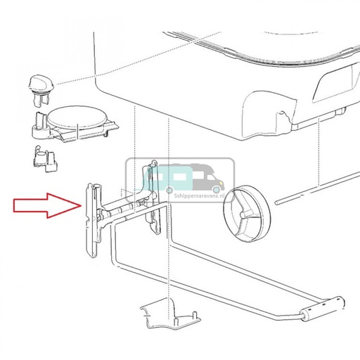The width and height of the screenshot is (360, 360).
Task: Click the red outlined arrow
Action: (47, 206)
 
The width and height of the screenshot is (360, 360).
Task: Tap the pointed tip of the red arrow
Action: (81, 205)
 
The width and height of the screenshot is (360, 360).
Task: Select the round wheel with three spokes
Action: (247, 213)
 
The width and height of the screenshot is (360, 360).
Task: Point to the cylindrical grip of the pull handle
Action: (323, 309)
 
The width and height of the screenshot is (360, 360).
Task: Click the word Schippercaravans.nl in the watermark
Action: (199, 195)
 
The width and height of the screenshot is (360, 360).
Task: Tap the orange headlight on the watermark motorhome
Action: (221, 182)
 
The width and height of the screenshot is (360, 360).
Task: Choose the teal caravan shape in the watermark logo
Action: (167, 179)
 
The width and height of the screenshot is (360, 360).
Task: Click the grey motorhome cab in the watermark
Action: (209, 179)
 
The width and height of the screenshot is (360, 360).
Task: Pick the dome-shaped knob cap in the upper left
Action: (41, 82)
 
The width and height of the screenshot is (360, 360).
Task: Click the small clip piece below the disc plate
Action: (45, 159)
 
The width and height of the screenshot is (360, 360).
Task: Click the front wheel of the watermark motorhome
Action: (217, 190)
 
